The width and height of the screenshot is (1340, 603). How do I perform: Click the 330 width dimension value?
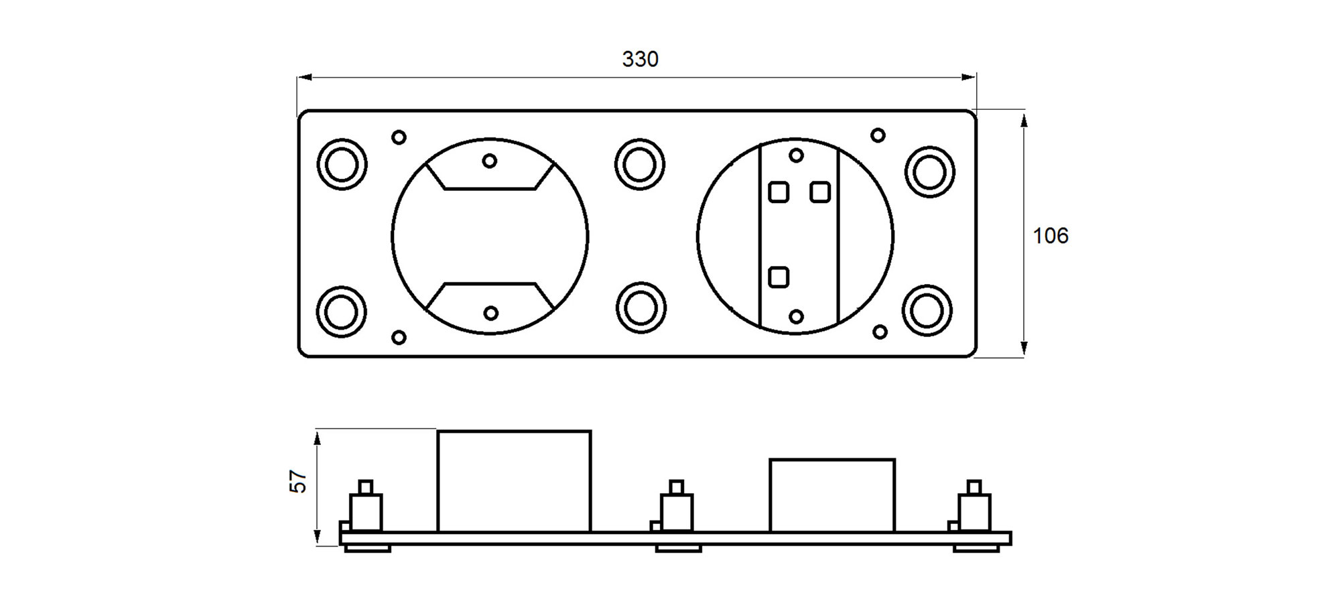640,60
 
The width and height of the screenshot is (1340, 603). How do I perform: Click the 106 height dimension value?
1050,236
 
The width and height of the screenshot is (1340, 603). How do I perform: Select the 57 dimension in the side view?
298,481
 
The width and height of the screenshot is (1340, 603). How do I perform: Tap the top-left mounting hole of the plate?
342,165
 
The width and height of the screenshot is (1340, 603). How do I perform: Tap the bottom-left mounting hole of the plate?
341,312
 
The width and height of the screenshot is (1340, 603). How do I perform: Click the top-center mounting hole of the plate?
639,165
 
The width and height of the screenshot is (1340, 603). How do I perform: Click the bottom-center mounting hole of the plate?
641,308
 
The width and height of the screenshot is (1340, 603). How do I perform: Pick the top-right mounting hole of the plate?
929,172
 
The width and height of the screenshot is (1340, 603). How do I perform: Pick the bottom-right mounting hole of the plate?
927,311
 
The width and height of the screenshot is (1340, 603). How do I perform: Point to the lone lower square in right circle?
779,277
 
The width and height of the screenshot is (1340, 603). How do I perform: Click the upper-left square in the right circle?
779,192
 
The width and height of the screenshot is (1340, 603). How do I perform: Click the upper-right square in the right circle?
820,192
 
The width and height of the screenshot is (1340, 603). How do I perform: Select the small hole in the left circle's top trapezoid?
490,161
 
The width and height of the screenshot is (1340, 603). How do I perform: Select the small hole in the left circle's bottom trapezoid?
490,313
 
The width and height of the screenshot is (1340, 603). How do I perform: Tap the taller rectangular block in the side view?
514,481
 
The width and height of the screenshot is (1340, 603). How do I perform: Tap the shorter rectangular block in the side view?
832,495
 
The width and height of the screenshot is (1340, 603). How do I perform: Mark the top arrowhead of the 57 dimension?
317,438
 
